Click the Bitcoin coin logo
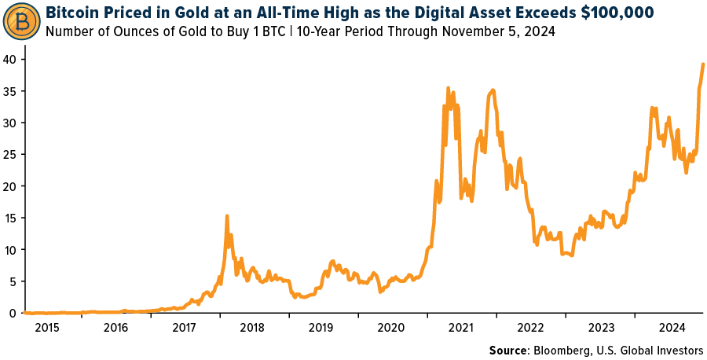[23, 24]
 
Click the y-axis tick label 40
[11, 60]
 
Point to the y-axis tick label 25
[11, 155]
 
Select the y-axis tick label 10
[11, 250]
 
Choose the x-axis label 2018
[253, 327]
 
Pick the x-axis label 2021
[460, 327]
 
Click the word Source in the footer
[508, 350]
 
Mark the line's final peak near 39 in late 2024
[702, 64]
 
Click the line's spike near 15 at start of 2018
[227, 215]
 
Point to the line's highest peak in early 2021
[448, 88]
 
